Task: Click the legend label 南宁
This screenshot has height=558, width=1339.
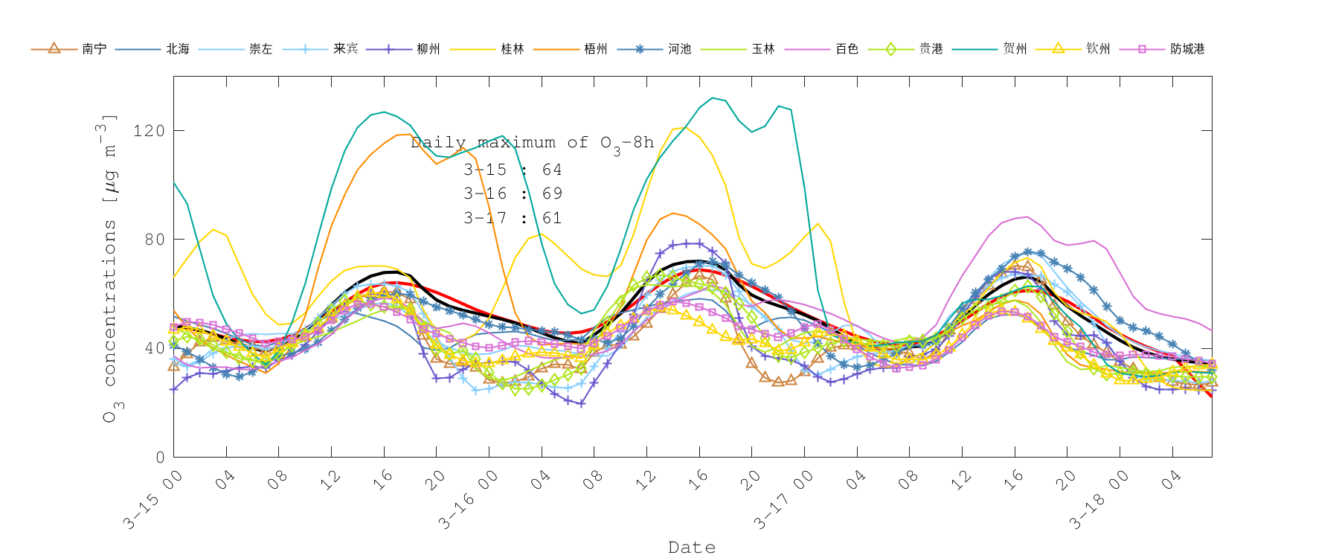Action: click(94, 49)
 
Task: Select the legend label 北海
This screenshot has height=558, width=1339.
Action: click(178, 49)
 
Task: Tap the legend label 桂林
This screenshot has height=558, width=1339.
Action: click(513, 49)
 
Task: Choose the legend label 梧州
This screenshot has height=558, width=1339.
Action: click(596, 49)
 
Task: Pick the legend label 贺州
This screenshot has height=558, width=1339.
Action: click(1015, 49)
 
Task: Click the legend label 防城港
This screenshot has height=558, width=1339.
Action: click(1187, 49)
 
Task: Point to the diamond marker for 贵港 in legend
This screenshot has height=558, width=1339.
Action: click(891, 49)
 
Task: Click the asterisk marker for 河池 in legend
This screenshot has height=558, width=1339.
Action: click(640, 49)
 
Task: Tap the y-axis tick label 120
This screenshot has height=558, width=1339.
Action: click(149, 131)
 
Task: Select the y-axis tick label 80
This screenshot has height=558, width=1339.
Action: click(154, 240)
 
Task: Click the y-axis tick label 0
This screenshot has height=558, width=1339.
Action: click(160, 458)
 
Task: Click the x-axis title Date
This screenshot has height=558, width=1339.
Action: click(692, 548)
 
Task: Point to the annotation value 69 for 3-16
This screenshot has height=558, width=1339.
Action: click(552, 193)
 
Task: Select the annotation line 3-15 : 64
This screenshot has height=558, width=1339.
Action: click(513, 170)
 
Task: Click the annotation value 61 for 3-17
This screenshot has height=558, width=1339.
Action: click(552, 218)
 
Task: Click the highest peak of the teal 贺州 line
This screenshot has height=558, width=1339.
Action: click(713, 97)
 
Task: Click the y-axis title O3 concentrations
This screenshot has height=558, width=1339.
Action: click(109, 268)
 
